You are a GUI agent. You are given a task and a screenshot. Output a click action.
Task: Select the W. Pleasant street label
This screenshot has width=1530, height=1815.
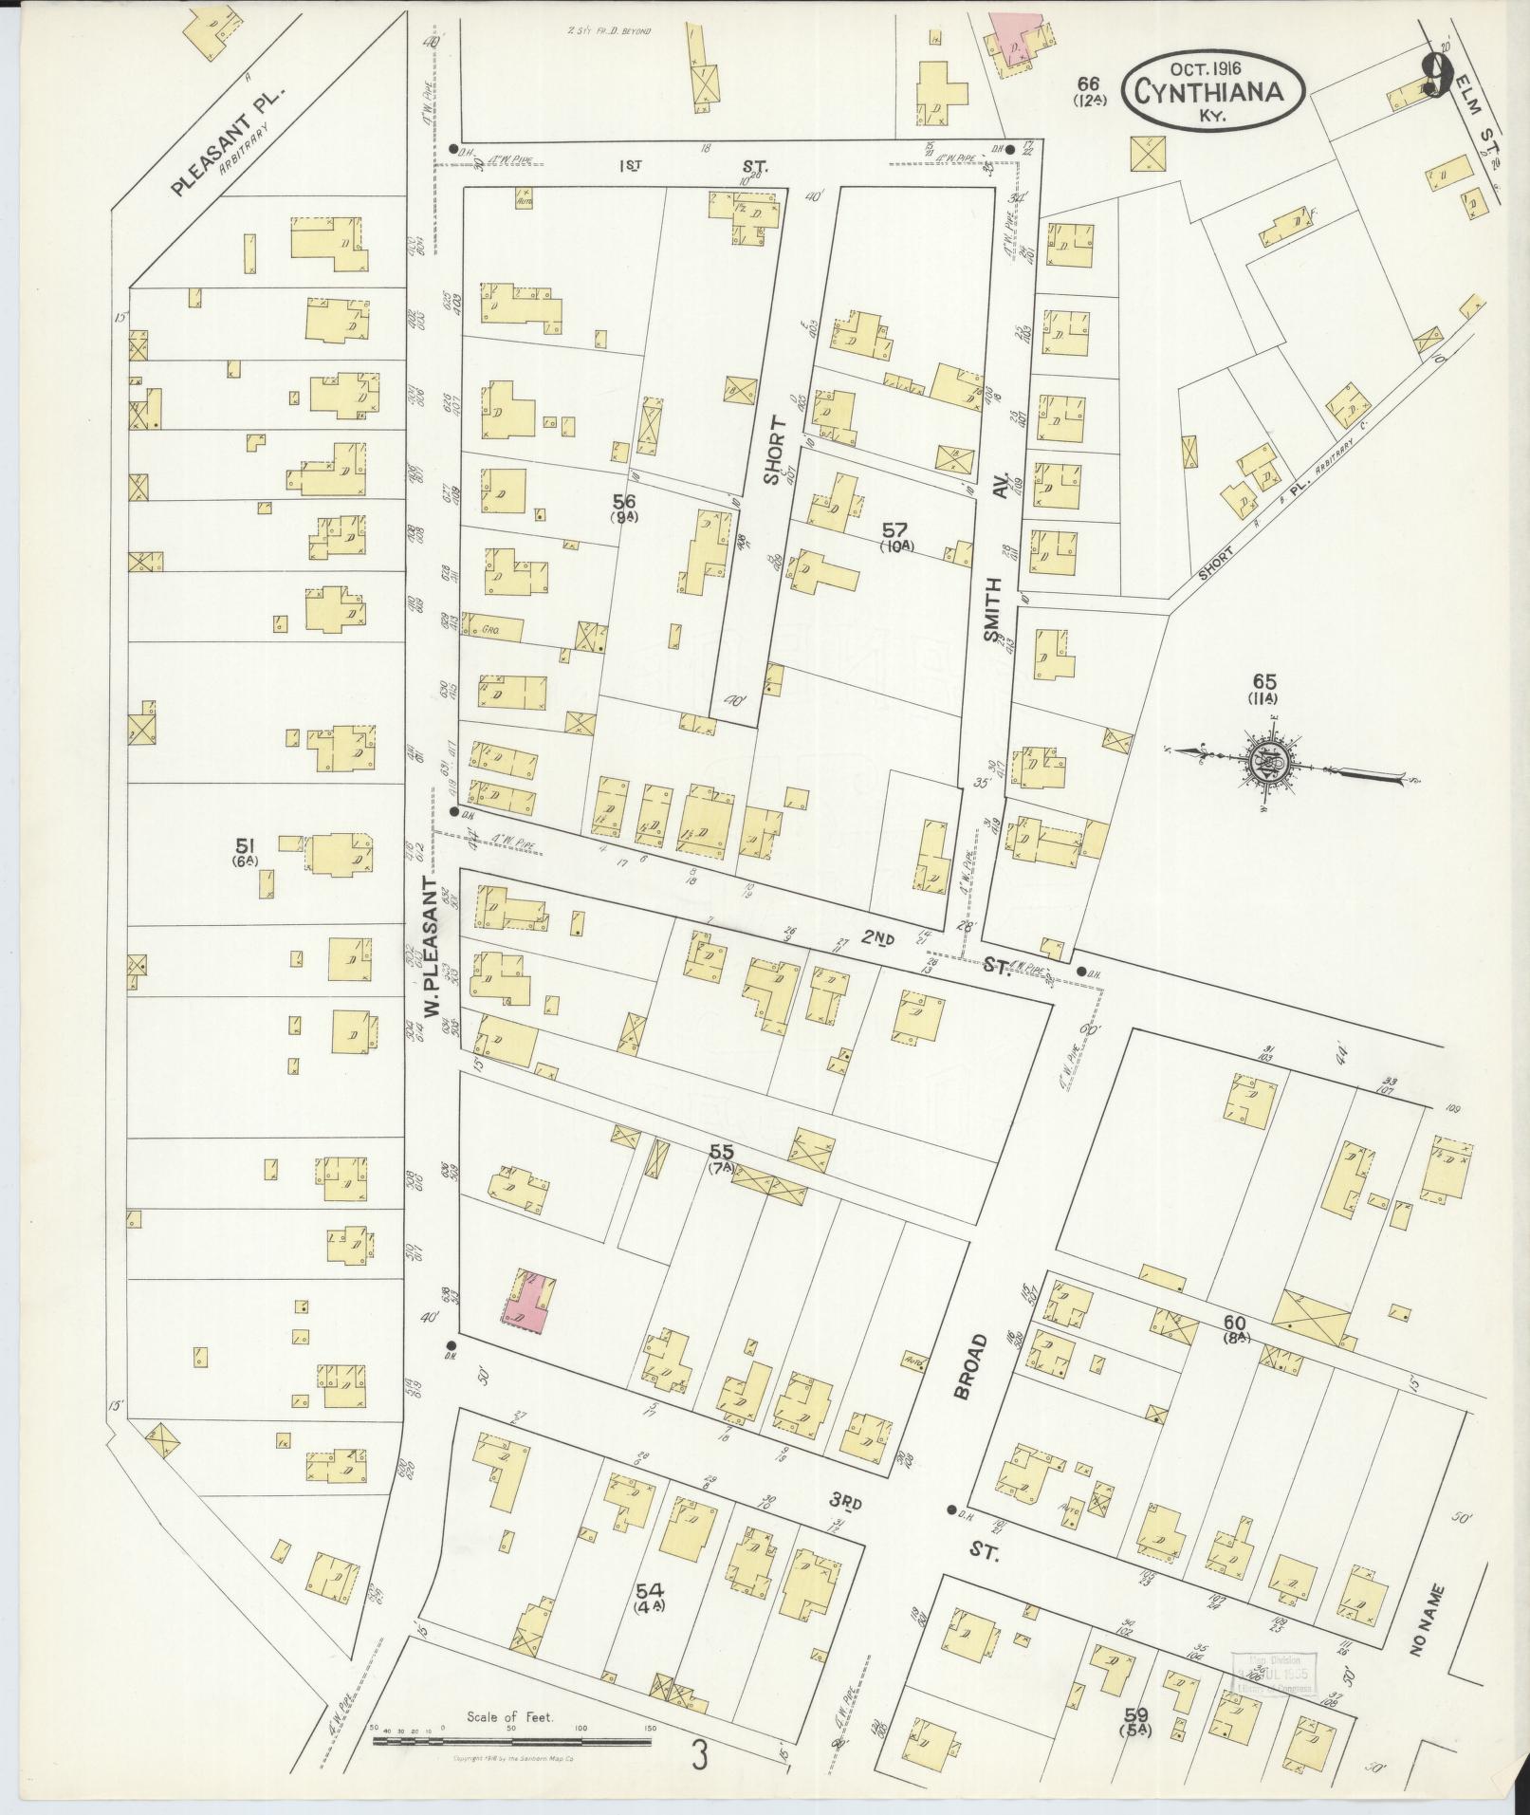tap(433, 949)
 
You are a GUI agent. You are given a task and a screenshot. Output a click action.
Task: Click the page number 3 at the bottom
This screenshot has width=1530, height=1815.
tap(700, 1756)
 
